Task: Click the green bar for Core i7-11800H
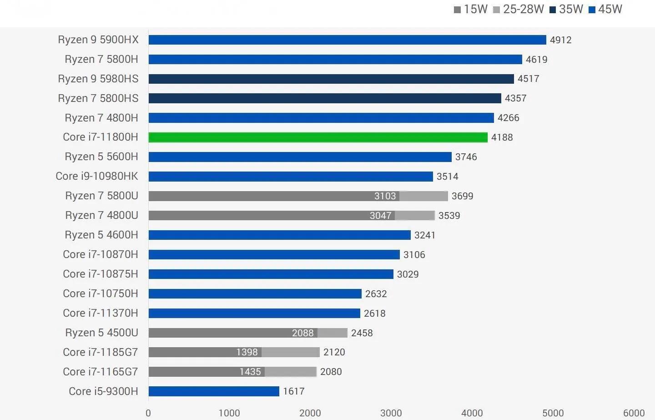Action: click(317, 137)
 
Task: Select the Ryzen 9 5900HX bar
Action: click(347, 40)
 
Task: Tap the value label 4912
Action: click(560, 40)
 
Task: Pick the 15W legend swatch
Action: click(458, 10)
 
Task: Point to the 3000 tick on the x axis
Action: click(391, 413)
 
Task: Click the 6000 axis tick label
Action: click(634, 413)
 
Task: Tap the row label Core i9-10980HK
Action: click(97, 176)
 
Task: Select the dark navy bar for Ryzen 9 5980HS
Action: click(331, 79)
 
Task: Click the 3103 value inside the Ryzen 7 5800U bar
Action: click(385, 196)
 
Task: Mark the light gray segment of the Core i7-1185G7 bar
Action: click(291, 352)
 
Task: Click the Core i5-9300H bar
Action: click(214, 391)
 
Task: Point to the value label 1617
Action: click(293, 391)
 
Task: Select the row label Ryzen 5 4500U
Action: click(101, 333)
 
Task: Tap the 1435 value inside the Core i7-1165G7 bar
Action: click(250, 372)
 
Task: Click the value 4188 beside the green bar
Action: click(502, 137)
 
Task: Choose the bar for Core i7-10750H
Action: click(255, 293)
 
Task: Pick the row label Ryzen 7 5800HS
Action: click(98, 98)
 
